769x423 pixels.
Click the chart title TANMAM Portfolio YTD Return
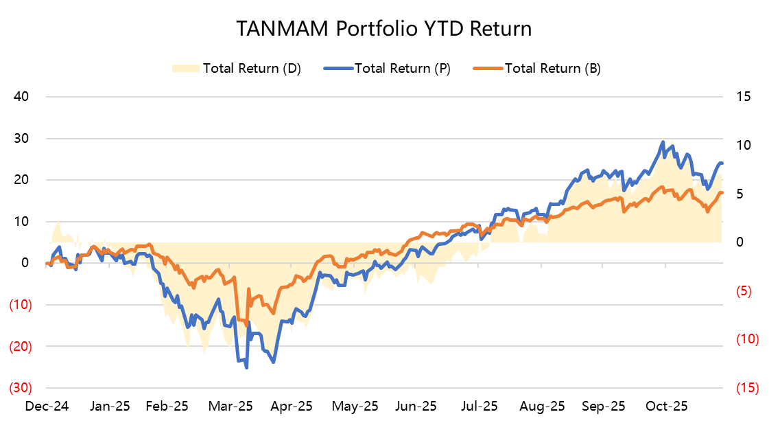[383, 29]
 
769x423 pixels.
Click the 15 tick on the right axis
[744, 96]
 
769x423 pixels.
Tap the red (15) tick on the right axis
[745, 388]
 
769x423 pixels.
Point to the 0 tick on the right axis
[740, 242]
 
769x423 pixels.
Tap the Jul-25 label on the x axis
[480, 406]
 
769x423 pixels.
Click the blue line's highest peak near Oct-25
[663, 142]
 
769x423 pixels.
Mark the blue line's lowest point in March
[246, 367]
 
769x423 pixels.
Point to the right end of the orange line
[722, 193]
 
